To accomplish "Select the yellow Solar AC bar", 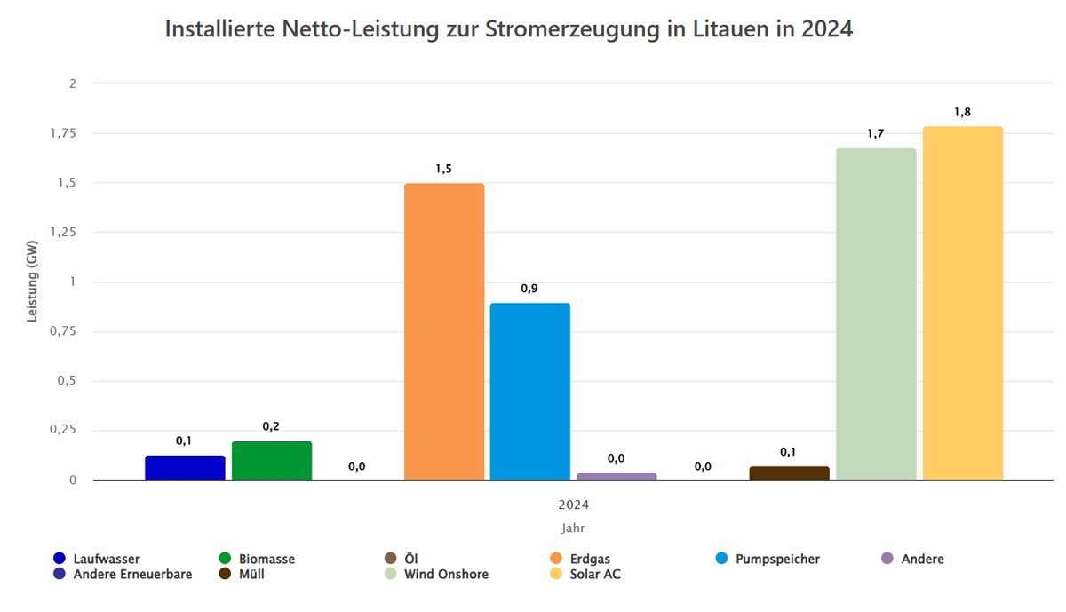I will [962, 303].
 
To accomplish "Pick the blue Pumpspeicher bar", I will [530, 391].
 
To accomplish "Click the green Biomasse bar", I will [272, 460].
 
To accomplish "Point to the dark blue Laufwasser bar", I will [185, 467].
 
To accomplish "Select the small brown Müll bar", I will [789, 473].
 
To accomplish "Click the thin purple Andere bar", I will [617, 477].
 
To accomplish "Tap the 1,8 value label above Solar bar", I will [962, 112].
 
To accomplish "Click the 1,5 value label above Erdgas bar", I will [443, 169].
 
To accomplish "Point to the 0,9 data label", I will [529, 289].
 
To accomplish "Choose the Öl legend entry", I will [410, 560].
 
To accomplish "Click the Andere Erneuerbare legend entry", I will [132, 575].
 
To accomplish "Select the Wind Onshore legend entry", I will [446, 575].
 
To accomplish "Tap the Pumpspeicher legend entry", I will [777, 560].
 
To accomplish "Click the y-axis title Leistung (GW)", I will [33, 282].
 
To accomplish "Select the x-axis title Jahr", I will [574, 528].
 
